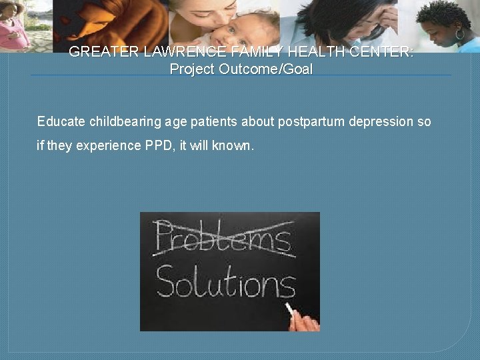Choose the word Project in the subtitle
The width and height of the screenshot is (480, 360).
pyautogui.click(x=191, y=69)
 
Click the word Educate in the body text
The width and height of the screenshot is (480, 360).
pyautogui.click(x=61, y=121)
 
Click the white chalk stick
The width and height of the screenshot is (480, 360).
pyautogui.click(x=291, y=310)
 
